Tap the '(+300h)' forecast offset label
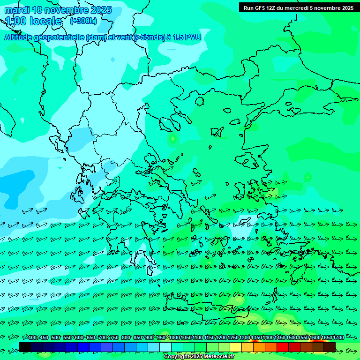[83, 21]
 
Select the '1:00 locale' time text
[33, 21]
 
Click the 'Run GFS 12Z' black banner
[298, 7]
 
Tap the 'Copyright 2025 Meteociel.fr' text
[199, 357]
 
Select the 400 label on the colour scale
[32, 337]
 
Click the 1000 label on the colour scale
[174, 337]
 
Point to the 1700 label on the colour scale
[338, 337]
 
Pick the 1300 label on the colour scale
[245, 337]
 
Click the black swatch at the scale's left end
[25, 347]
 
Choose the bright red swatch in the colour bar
[283, 347]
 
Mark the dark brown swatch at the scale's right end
[330, 347]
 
